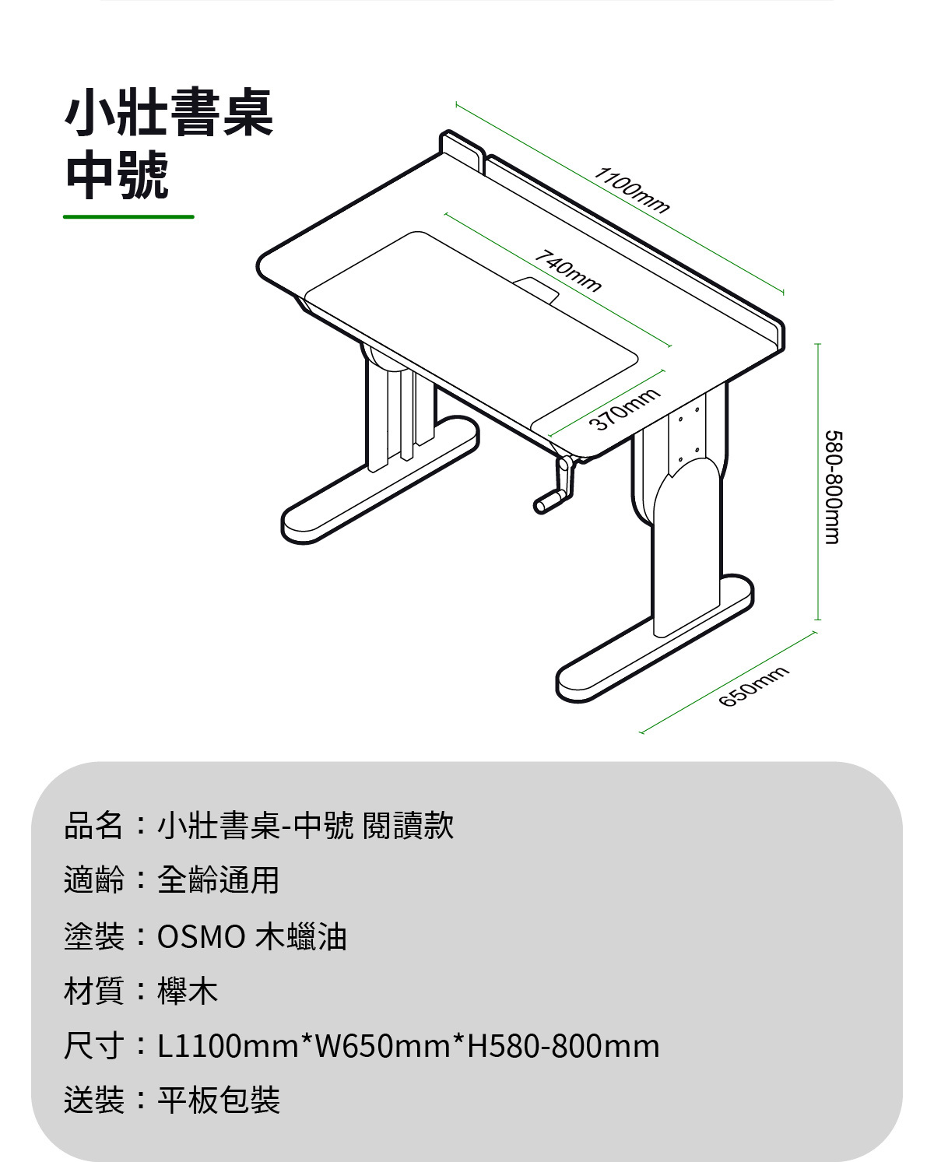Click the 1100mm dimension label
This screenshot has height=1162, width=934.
pos(631,189)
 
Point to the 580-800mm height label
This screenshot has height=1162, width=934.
pos(832,487)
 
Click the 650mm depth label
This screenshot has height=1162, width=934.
pos(753,686)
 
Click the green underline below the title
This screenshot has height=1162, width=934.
pos(128,216)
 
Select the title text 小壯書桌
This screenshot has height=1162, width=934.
pos(169,114)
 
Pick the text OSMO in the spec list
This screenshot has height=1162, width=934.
pos(202,936)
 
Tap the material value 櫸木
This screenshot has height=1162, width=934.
pos(188,991)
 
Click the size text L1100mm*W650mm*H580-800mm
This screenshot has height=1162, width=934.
pos(409,1046)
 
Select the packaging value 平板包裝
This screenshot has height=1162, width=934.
pos(219,1100)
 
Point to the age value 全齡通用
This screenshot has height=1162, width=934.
pos(219,879)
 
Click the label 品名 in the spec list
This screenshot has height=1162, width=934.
pos(93,825)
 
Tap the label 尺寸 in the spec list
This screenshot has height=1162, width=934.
pos(93,1046)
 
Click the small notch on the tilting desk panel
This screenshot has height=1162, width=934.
pos(536,287)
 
